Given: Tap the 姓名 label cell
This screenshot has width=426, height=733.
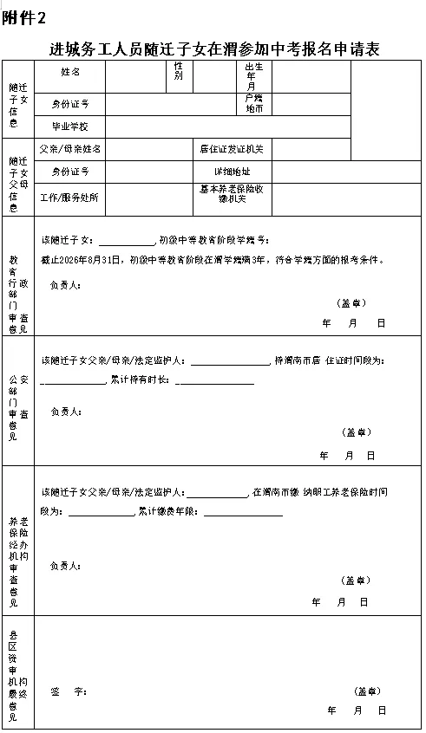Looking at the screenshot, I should pos(70,72).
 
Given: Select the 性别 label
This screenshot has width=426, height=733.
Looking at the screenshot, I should pos(178,71).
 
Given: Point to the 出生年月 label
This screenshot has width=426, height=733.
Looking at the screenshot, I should pos(252,75).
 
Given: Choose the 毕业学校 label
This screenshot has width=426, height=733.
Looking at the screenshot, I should pos(70,126).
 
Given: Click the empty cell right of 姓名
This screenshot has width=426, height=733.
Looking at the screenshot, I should pos(135,75).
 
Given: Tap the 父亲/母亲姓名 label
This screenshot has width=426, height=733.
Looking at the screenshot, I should pos(70,149).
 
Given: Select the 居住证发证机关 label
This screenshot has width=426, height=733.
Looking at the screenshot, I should pos(232,149).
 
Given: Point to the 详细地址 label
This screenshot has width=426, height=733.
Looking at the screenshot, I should pos(232,172).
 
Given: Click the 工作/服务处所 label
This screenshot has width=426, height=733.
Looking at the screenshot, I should pos(70,197).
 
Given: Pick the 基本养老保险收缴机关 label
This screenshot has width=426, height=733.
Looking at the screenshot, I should pos(232,193).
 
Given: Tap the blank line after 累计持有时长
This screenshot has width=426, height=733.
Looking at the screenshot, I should pos(214,380).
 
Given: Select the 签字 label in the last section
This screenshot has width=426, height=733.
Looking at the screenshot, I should pos(69,691).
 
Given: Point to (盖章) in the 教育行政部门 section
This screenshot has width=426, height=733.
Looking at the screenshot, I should pos(351,302).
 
